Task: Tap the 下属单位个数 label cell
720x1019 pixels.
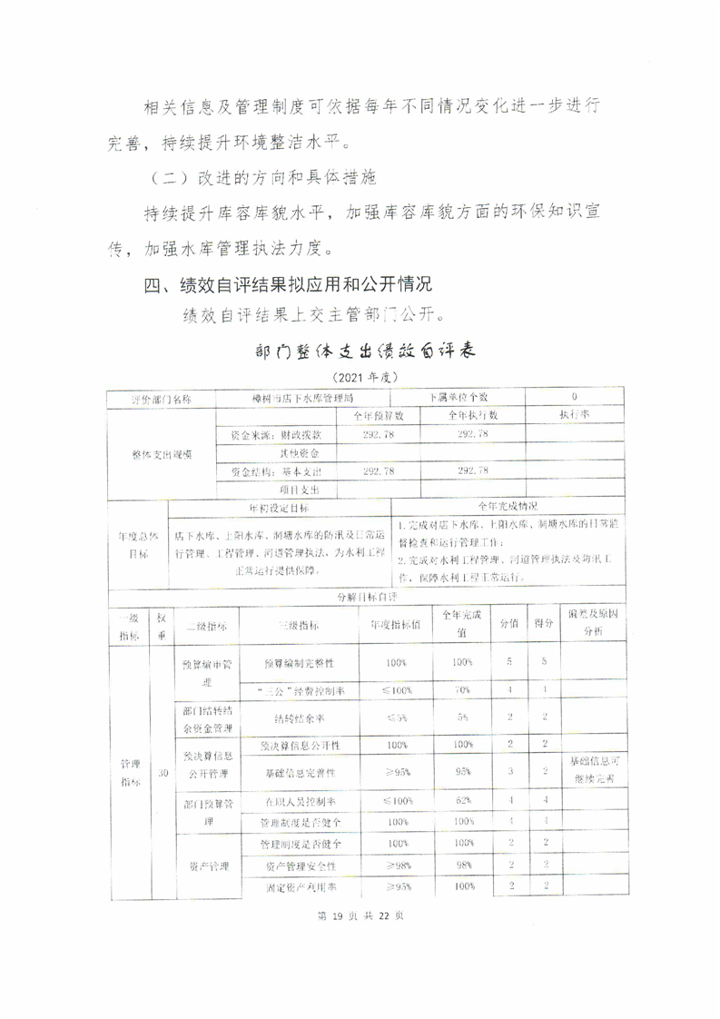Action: click(459, 398)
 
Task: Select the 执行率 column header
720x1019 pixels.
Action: click(576, 415)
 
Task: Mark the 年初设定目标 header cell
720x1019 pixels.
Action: click(279, 507)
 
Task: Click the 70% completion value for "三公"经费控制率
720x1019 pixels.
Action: click(461, 690)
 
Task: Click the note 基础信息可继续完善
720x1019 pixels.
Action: click(593, 770)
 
